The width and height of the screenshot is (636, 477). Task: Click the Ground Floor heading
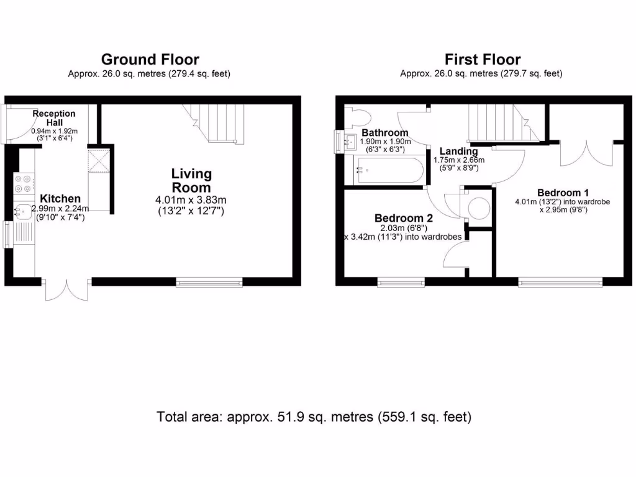pos(150,60)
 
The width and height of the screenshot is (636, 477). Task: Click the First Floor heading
pos(483,60)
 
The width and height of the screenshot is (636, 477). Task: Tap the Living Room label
pos(191,181)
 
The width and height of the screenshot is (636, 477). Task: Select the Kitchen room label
pos(60,198)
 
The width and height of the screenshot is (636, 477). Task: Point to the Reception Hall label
pos(54,118)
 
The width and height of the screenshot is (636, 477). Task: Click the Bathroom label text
pos(385,133)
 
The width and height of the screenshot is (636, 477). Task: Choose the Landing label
pos(459,152)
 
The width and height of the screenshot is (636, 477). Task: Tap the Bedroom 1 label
pos(563,193)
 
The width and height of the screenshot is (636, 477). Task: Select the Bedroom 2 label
pos(404,218)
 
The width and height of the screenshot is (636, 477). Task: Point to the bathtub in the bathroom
pos(389,170)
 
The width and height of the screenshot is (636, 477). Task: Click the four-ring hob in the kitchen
pos(24,184)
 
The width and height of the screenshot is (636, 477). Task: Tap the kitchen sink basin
pos(23,211)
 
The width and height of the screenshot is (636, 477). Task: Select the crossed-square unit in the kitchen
pos(99,161)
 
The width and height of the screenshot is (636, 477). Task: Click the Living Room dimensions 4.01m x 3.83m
pos(191,200)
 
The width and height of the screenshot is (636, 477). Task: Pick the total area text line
pos(314,417)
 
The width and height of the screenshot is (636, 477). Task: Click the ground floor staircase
pos(214,124)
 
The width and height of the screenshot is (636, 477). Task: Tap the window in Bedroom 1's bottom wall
pos(560,282)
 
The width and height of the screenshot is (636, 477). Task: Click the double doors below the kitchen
pos(66,289)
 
